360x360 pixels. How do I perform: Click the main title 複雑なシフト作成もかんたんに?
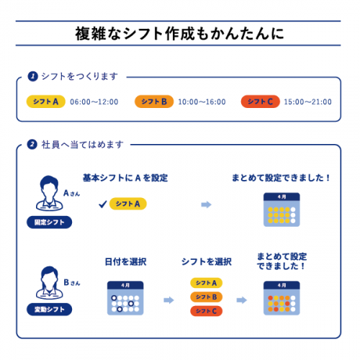pyautogui.click(x=179, y=33)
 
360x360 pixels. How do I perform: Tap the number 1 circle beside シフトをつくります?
pyautogui.click(x=33, y=76)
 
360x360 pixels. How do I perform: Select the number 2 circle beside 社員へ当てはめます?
pyautogui.click(x=32, y=145)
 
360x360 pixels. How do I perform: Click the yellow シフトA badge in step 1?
pyautogui.click(x=46, y=102)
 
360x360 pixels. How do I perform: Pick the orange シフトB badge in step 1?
pyautogui.click(x=154, y=102)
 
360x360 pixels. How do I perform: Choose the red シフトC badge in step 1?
pyautogui.click(x=261, y=102)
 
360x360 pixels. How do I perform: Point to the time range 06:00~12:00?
pyautogui.click(x=94, y=102)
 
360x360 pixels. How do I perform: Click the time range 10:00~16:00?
pyautogui.click(x=202, y=102)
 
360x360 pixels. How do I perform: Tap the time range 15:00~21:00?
pyautogui.click(x=307, y=102)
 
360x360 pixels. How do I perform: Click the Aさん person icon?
pyautogui.click(x=50, y=193)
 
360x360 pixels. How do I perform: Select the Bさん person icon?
pyautogui.click(x=50, y=283)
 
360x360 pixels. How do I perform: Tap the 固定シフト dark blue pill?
pyautogui.click(x=49, y=222)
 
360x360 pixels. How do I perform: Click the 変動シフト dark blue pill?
pyautogui.click(x=49, y=310)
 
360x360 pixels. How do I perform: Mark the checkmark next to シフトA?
pyautogui.click(x=103, y=204)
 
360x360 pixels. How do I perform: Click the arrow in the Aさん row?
pyautogui.click(x=206, y=204)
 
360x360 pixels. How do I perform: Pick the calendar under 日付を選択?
pyautogui.click(x=125, y=298)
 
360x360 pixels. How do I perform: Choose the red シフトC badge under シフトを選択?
pyautogui.click(x=207, y=311)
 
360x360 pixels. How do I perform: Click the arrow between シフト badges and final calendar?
pyautogui.click(x=242, y=300)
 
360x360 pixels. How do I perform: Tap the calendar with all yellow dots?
pyautogui.click(x=282, y=210)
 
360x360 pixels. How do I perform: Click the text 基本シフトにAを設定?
pyautogui.click(x=125, y=178)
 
